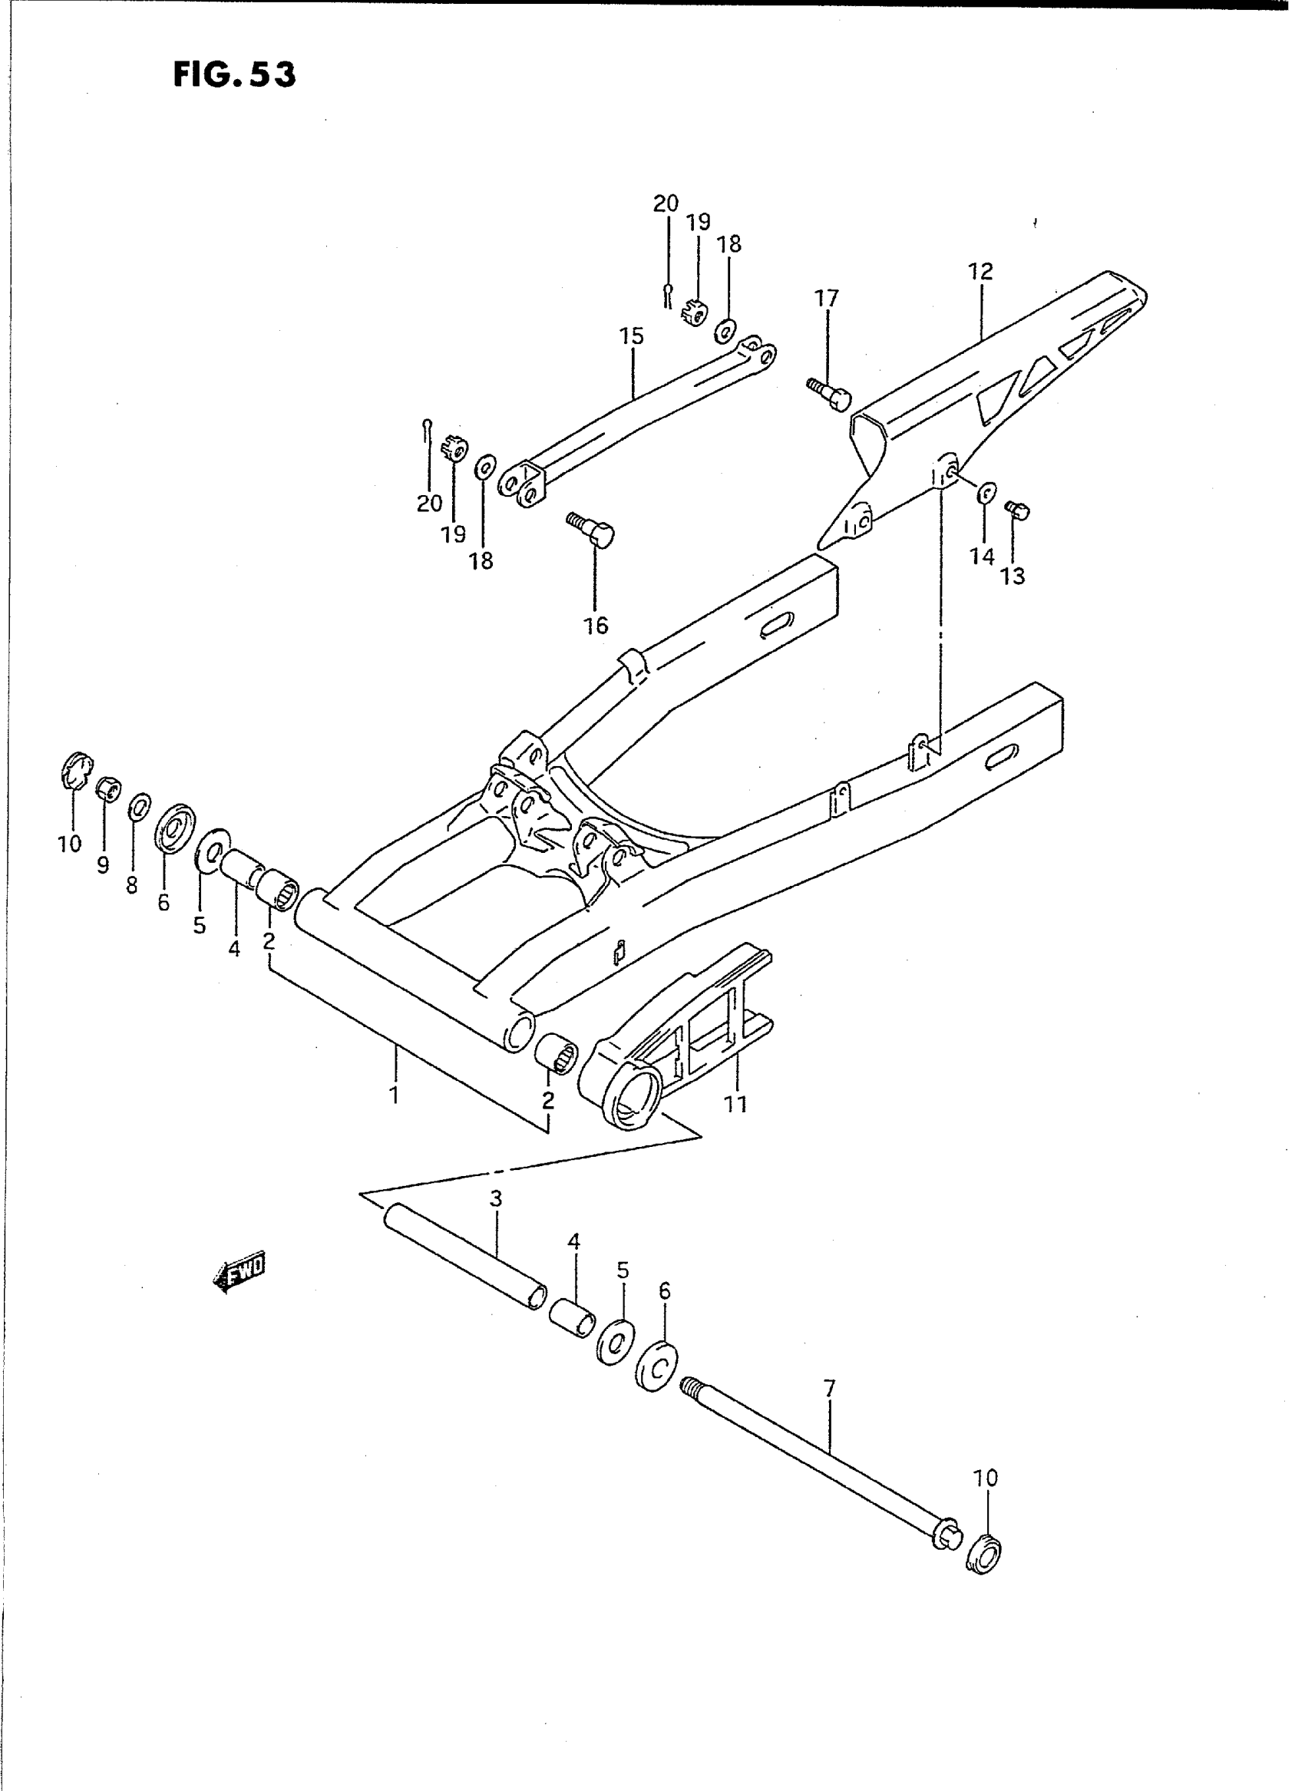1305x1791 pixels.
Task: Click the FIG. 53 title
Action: tap(235, 74)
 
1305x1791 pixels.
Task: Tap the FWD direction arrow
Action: tap(240, 1271)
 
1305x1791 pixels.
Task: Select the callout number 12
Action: tap(980, 272)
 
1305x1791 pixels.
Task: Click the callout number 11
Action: tap(735, 1103)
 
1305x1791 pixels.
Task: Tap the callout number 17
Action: tap(826, 299)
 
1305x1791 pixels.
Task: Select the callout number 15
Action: tap(632, 336)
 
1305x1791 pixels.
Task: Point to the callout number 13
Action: tap(1013, 577)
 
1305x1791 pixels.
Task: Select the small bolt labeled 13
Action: tap(1016, 511)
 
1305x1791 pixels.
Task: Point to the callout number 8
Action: tap(132, 886)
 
